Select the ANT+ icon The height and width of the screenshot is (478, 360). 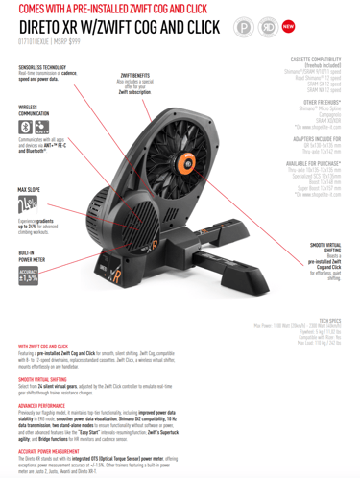[41, 127]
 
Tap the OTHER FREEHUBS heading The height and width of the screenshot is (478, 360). [323, 100]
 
